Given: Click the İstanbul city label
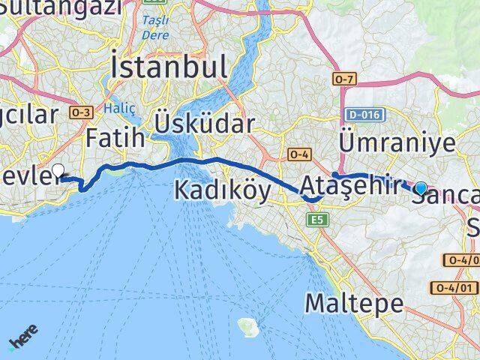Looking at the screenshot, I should (x=169, y=67).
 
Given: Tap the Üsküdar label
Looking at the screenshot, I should (x=205, y=123).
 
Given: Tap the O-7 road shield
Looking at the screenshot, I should (x=342, y=78).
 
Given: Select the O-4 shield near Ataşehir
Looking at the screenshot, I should (x=298, y=154).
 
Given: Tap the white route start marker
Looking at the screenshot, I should (x=58, y=169).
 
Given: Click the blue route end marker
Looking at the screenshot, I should (x=421, y=188).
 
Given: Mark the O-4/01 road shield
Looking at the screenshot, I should (x=454, y=288).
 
